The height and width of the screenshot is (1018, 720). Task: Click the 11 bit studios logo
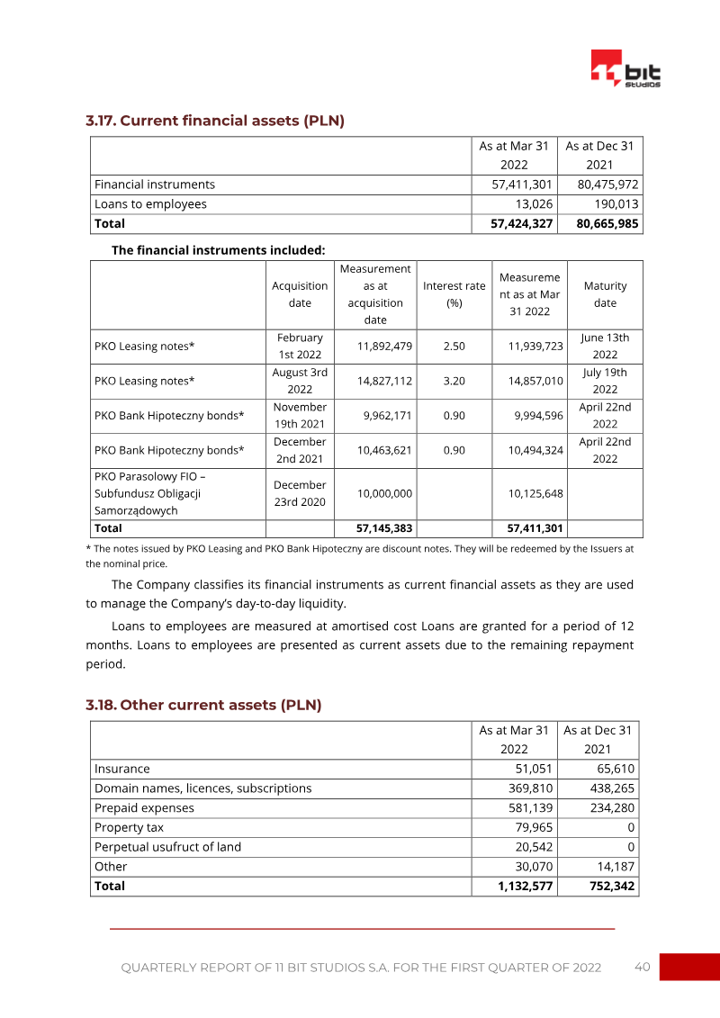click(x=625, y=69)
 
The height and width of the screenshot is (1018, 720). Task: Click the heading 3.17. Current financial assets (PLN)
click(x=215, y=121)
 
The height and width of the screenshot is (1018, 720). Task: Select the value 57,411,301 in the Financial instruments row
click(x=516, y=185)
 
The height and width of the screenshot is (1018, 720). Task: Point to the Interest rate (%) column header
click(x=454, y=294)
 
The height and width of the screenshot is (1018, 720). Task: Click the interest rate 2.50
click(x=454, y=347)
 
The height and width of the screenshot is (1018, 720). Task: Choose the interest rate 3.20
click(x=454, y=382)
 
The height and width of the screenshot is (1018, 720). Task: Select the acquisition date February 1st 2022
click(x=300, y=347)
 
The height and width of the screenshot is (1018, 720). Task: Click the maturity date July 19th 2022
click(x=605, y=382)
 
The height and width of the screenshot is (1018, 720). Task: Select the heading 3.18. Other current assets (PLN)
click(x=203, y=705)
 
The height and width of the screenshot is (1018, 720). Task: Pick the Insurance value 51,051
click(x=530, y=770)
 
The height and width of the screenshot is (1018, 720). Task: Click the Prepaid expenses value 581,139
click(x=530, y=808)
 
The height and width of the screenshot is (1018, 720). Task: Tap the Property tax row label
click(x=130, y=828)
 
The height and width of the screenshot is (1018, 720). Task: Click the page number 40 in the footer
click(x=642, y=968)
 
